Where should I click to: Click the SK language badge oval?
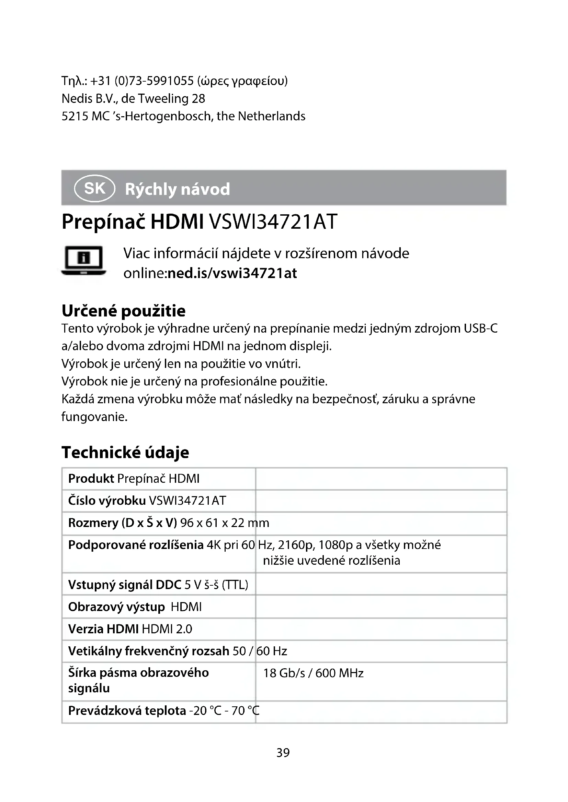pyautogui.click(x=94, y=189)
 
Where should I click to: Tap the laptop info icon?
pyautogui.click(x=83, y=261)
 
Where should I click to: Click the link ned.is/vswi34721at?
pyautogui.click(x=232, y=273)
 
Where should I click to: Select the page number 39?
pyautogui.click(x=283, y=752)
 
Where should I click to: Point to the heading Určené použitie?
pyautogui.click(x=124, y=311)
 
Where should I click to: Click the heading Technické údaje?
pyautogui.click(x=125, y=452)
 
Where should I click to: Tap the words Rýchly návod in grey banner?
pyautogui.click(x=177, y=189)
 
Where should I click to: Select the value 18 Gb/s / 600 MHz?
pyautogui.click(x=313, y=673)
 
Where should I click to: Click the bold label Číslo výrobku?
pyautogui.click(x=107, y=501)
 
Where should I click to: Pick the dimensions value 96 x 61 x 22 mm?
pyautogui.click(x=225, y=523)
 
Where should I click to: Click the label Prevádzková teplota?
pyautogui.click(x=127, y=710)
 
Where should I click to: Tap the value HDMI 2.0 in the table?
pyautogui.click(x=167, y=629)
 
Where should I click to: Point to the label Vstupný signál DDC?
pyautogui.click(x=125, y=584)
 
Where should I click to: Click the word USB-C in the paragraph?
pyautogui.click(x=480, y=329)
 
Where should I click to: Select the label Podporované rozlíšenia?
pyautogui.click(x=136, y=545)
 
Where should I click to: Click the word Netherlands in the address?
pyautogui.click(x=271, y=116)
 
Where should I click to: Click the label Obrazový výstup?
pyautogui.click(x=116, y=607)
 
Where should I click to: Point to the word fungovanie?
pyautogui.click(x=94, y=417)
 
